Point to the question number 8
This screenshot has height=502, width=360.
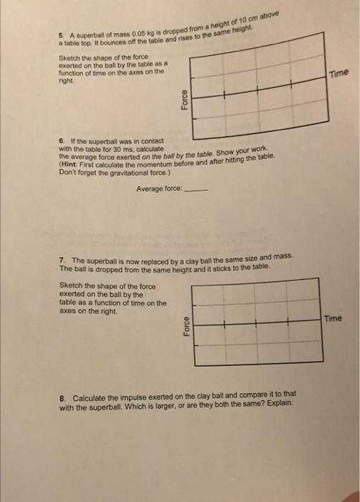(62, 397)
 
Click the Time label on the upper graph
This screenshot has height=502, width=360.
(338, 75)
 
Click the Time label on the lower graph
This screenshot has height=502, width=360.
(333, 318)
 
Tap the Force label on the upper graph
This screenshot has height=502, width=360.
(184, 99)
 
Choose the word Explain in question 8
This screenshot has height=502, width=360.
(278, 404)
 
